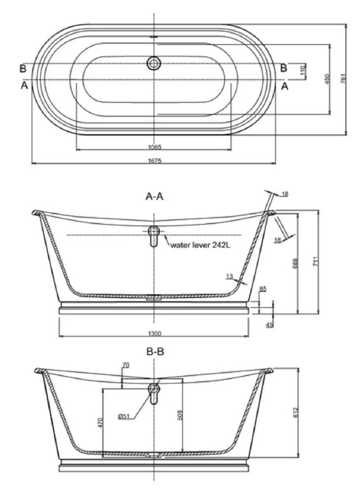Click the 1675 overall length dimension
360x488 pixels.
pos(154,161)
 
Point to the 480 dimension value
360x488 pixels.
pos(327,78)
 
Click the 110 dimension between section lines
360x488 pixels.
pos(302,72)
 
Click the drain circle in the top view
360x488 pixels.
pos(154,63)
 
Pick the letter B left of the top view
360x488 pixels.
pos(23,68)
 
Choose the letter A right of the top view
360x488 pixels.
pos(284,86)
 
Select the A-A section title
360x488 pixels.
pos(155,197)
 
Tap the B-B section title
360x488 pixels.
pos(155,351)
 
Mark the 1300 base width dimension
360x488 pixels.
pos(154,334)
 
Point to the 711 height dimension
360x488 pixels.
pos(315,263)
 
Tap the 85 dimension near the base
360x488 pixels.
pos(262,289)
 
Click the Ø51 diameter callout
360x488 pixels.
pos(125,416)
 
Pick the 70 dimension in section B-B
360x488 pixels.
pos(126,366)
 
